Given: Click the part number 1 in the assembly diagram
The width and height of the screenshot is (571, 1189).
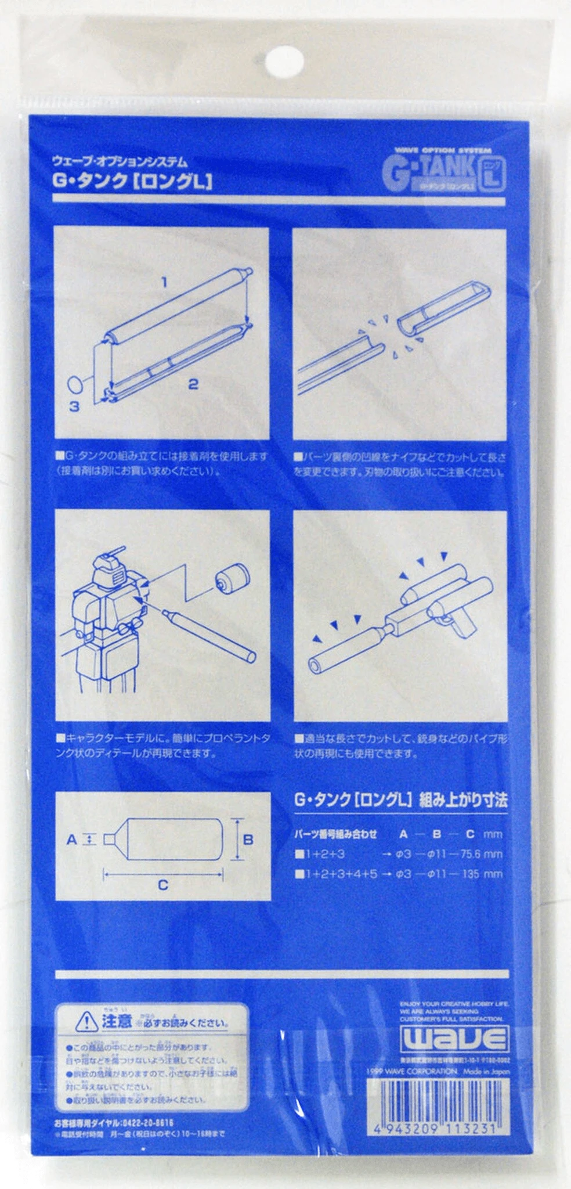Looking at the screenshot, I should pyautogui.click(x=164, y=282).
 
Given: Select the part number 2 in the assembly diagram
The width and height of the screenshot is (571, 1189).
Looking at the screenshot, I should pyautogui.click(x=193, y=384).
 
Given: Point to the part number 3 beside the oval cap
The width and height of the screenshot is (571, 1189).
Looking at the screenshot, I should pyautogui.click(x=74, y=406).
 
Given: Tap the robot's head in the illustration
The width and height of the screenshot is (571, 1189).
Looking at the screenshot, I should pyautogui.click(x=113, y=563).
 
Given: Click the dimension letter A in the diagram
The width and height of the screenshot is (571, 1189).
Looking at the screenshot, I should pyautogui.click(x=71, y=839).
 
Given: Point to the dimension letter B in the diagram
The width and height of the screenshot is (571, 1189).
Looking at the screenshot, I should pyautogui.click(x=248, y=839).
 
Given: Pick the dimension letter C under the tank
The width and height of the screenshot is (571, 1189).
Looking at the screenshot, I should pyautogui.click(x=163, y=885).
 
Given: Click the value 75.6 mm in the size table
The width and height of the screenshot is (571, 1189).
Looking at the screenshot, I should pyautogui.click(x=481, y=855).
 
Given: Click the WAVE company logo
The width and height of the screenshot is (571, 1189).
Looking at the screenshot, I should pyautogui.click(x=454, y=1040).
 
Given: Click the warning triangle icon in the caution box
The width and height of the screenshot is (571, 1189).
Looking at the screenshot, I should pyautogui.click(x=86, y=1021).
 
